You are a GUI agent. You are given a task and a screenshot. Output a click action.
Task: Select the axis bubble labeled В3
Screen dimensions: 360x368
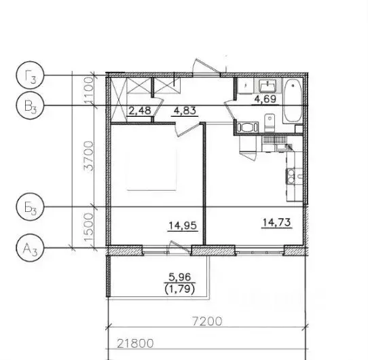point(29,105)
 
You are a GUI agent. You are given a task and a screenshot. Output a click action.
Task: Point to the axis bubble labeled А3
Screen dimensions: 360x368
point(29,247)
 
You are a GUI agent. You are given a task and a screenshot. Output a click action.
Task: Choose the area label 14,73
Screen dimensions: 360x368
point(276,221)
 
